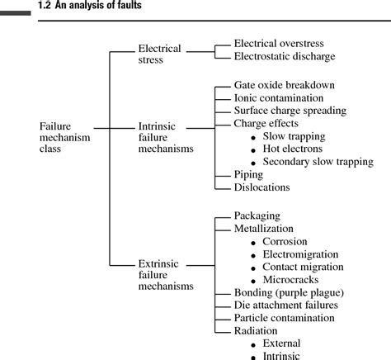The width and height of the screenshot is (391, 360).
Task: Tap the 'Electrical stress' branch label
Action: click(159, 54)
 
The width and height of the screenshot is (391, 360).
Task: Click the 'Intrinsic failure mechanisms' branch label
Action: click(165, 137)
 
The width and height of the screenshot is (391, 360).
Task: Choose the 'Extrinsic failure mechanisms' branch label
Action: click(165, 275)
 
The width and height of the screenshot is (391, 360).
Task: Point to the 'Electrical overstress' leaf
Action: click(278, 43)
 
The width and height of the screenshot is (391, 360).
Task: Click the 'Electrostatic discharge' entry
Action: click(284, 56)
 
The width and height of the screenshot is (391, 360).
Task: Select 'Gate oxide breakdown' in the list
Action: click(285, 85)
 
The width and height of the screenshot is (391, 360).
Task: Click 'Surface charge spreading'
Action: click(290, 111)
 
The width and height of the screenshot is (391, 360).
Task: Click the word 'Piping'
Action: click(248, 175)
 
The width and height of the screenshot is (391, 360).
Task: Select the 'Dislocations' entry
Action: click(259, 187)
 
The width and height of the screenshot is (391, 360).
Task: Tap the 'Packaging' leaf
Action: click(257, 216)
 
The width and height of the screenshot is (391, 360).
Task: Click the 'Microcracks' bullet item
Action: click(291, 280)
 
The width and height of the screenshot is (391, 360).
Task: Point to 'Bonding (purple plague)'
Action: click(288, 292)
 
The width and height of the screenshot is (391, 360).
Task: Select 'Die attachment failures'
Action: click(286, 306)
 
